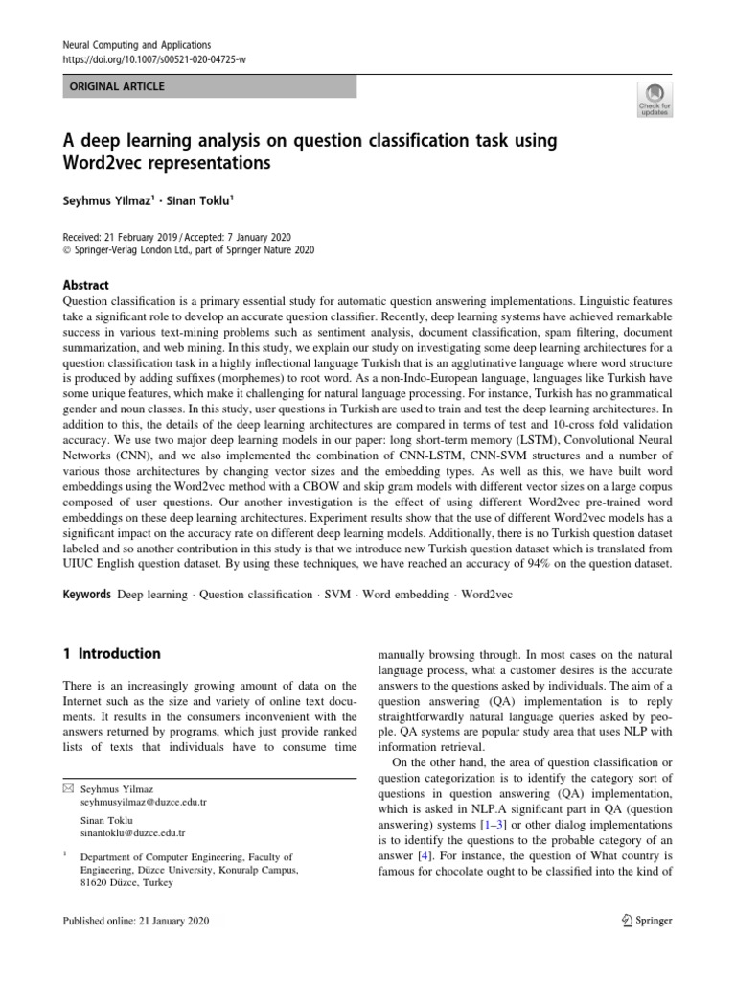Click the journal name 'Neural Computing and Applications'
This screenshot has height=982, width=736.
pyautogui.click(x=136, y=45)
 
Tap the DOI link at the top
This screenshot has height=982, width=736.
pyautogui.click(x=153, y=60)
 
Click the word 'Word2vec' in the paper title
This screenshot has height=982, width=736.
pyautogui.click(x=105, y=163)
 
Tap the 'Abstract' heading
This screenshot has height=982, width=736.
pyautogui.click(x=85, y=285)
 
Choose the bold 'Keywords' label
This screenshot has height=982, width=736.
pyautogui.click(x=86, y=595)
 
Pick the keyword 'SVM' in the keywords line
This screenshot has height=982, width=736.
pyautogui.click(x=337, y=595)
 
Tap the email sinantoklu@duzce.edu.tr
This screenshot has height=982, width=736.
pyautogui.click(x=132, y=834)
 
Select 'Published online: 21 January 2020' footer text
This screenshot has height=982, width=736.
pyautogui.click(x=135, y=921)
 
